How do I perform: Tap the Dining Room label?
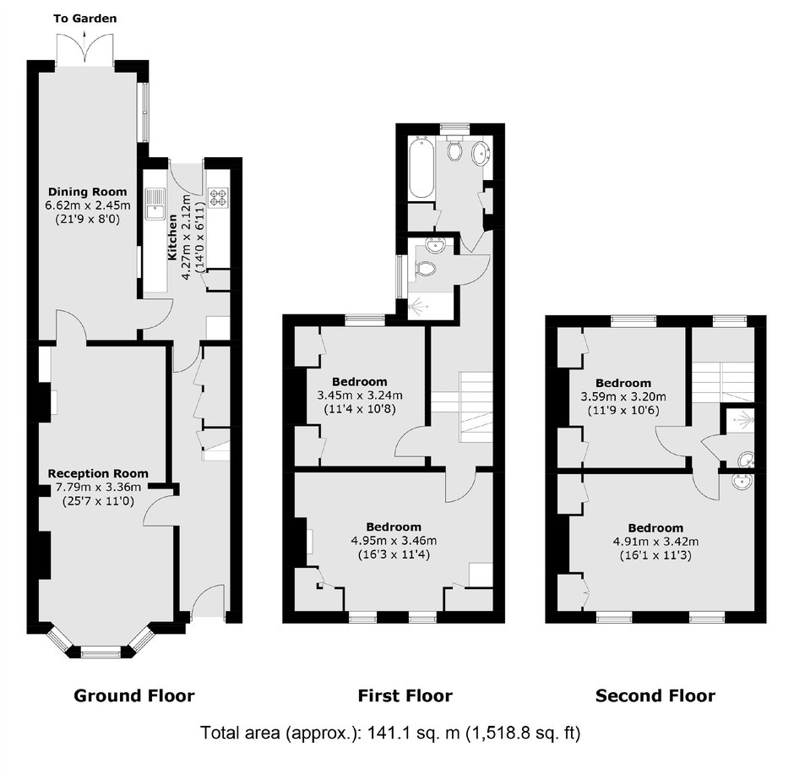click(88, 192)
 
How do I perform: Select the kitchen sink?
click(155, 204)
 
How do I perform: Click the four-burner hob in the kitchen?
click(219, 198)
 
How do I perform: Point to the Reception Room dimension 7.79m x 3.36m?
click(98, 488)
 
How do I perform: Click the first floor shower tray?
click(431, 306)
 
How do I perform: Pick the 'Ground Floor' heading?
click(134, 695)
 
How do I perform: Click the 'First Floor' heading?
click(405, 695)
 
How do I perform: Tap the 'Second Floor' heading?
click(655, 695)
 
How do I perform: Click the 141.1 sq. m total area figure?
click(414, 733)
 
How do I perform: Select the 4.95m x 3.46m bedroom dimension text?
click(394, 541)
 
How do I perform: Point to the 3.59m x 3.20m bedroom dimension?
click(623, 396)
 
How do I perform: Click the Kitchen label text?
click(172, 237)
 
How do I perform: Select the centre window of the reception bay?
click(101, 653)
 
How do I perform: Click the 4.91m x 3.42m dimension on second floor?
click(655, 542)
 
